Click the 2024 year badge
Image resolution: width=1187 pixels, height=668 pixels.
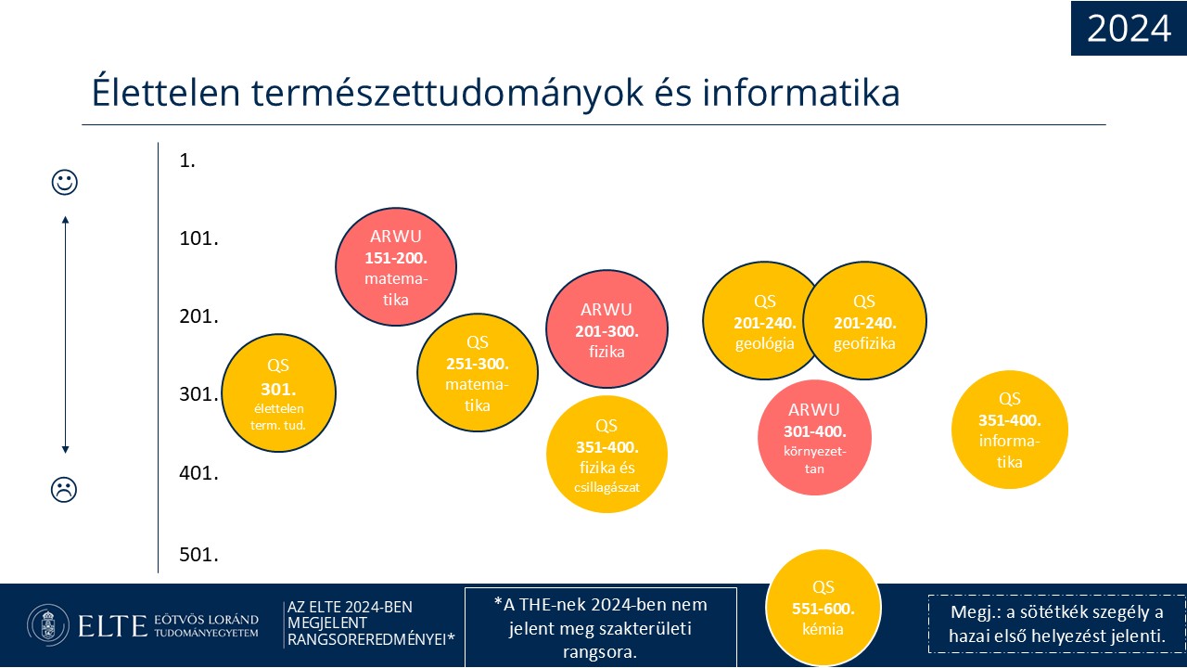pyautogui.click(x=1129, y=28)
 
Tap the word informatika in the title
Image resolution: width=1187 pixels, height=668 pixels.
pyautogui.click(x=800, y=94)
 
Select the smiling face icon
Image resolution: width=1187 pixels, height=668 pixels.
pyautogui.click(x=65, y=183)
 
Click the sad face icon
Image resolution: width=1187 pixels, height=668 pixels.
pyautogui.click(x=64, y=489)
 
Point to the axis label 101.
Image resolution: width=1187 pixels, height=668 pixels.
pyautogui.click(x=198, y=238)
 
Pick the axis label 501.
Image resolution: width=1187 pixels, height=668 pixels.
pyautogui.click(x=198, y=555)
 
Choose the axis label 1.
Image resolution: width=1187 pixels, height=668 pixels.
pyautogui.click(x=187, y=161)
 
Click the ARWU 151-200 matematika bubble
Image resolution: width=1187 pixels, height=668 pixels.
pyautogui.click(x=396, y=266)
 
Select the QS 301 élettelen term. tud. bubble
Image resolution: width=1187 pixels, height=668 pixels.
pyautogui.click(x=279, y=392)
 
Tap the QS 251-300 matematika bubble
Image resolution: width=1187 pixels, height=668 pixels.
pyautogui.click(x=478, y=373)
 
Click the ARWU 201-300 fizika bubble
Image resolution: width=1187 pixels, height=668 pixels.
pyautogui.click(x=606, y=329)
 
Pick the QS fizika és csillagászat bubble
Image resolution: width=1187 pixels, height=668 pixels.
pyautogui.click(x=606, y=455)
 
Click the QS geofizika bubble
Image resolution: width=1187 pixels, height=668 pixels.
pyautogui.click(x=865, y=320)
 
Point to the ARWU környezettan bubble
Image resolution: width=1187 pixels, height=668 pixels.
pyautogui.click(x=814, y=438)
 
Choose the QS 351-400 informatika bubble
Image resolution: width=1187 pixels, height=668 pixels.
pyautogui.click(x=1010, y=430)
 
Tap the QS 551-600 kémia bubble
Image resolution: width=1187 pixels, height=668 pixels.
pyautogui.click(x=823, y=608)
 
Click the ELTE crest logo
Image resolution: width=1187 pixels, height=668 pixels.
pyautogui.click(x=48, y=625)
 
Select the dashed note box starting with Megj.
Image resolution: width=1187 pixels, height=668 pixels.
pyautogui.click(x=1056, y=624)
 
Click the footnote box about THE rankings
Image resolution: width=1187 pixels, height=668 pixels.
pyautogui.click(x=601, y=627)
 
